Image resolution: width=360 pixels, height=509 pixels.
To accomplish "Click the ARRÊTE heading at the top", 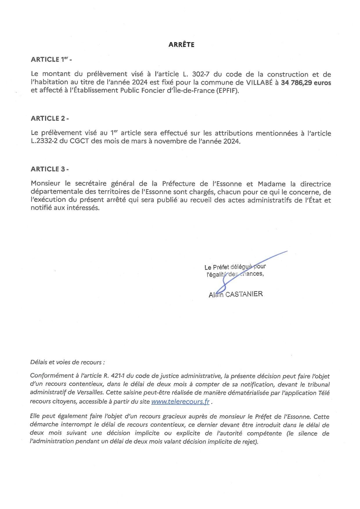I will point(181,45).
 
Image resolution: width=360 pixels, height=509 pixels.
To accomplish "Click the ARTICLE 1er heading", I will point(51,59).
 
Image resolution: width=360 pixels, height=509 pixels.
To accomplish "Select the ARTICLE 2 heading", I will point(50,118).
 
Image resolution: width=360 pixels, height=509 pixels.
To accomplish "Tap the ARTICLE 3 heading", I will point(50,169).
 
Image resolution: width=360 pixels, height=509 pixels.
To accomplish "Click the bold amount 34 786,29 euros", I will point(306,83).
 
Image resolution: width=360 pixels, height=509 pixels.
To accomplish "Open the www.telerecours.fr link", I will point(180,402).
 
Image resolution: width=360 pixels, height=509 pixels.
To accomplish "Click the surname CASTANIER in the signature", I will point(244,294).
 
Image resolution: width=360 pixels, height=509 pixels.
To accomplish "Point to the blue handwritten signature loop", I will point(222,287).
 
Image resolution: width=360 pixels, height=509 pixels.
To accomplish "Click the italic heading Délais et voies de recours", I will point(67,362).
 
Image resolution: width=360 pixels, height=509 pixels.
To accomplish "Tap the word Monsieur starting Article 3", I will point(46,184).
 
